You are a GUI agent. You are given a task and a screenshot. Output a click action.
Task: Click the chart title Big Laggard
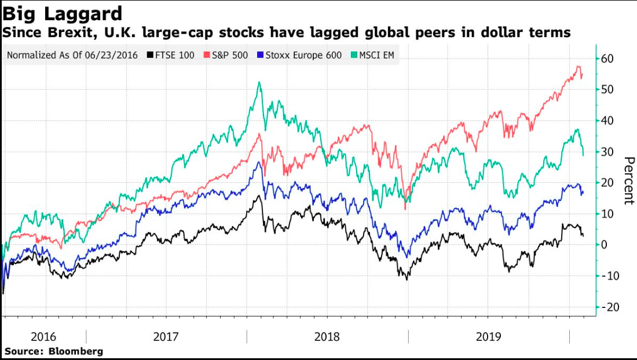(62, 13)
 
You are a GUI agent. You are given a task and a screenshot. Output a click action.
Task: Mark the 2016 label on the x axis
(43, 336)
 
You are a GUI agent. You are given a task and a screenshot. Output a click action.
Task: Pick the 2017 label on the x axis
(166, 336)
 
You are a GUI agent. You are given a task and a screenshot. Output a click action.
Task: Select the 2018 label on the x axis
(327, 336)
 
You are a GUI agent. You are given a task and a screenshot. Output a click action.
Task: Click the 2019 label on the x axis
(488, 336)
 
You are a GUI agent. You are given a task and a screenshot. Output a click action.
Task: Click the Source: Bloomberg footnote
(54, 351)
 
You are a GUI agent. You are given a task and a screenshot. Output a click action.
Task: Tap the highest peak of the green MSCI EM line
(259, 82)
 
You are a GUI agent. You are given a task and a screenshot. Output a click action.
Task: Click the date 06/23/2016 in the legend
(115, 56)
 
